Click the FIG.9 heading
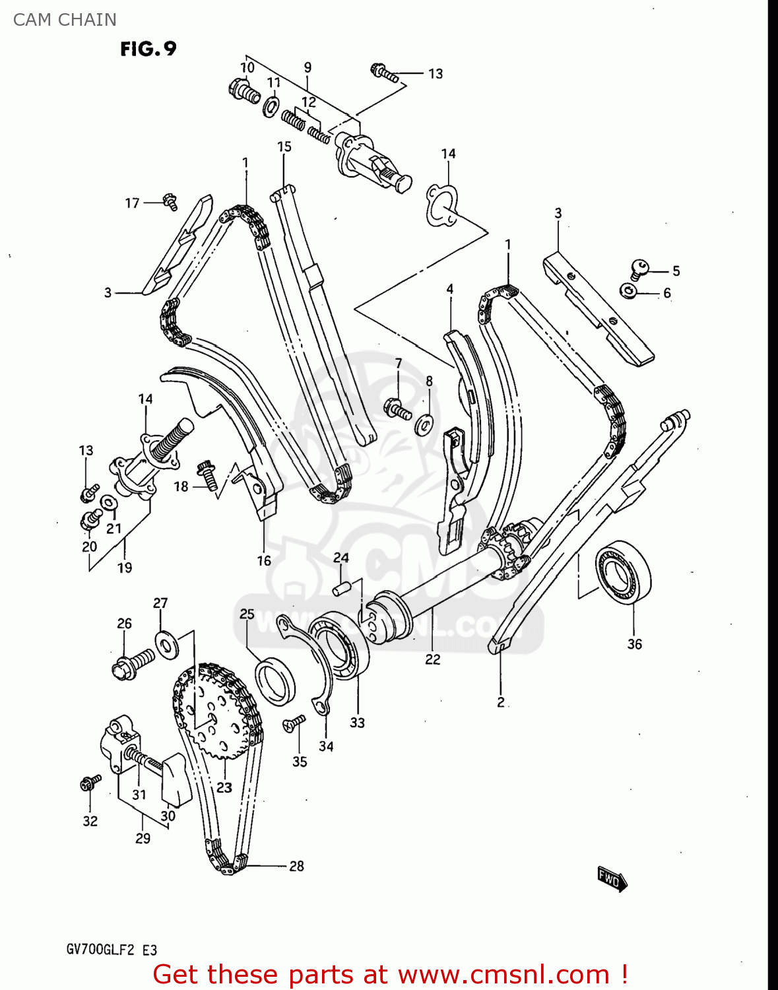click(148, 49)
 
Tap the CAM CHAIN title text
click(65, 20)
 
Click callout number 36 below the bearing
click(634, 644)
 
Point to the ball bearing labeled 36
click(623, 572)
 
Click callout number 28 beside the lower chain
click(296, 866)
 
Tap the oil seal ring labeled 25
click(275, 681)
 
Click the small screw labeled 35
click(294, 723)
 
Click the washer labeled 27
click(166, 643)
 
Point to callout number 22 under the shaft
click(432, 659)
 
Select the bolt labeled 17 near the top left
click(169, 201)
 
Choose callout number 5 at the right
click(676, 271)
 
